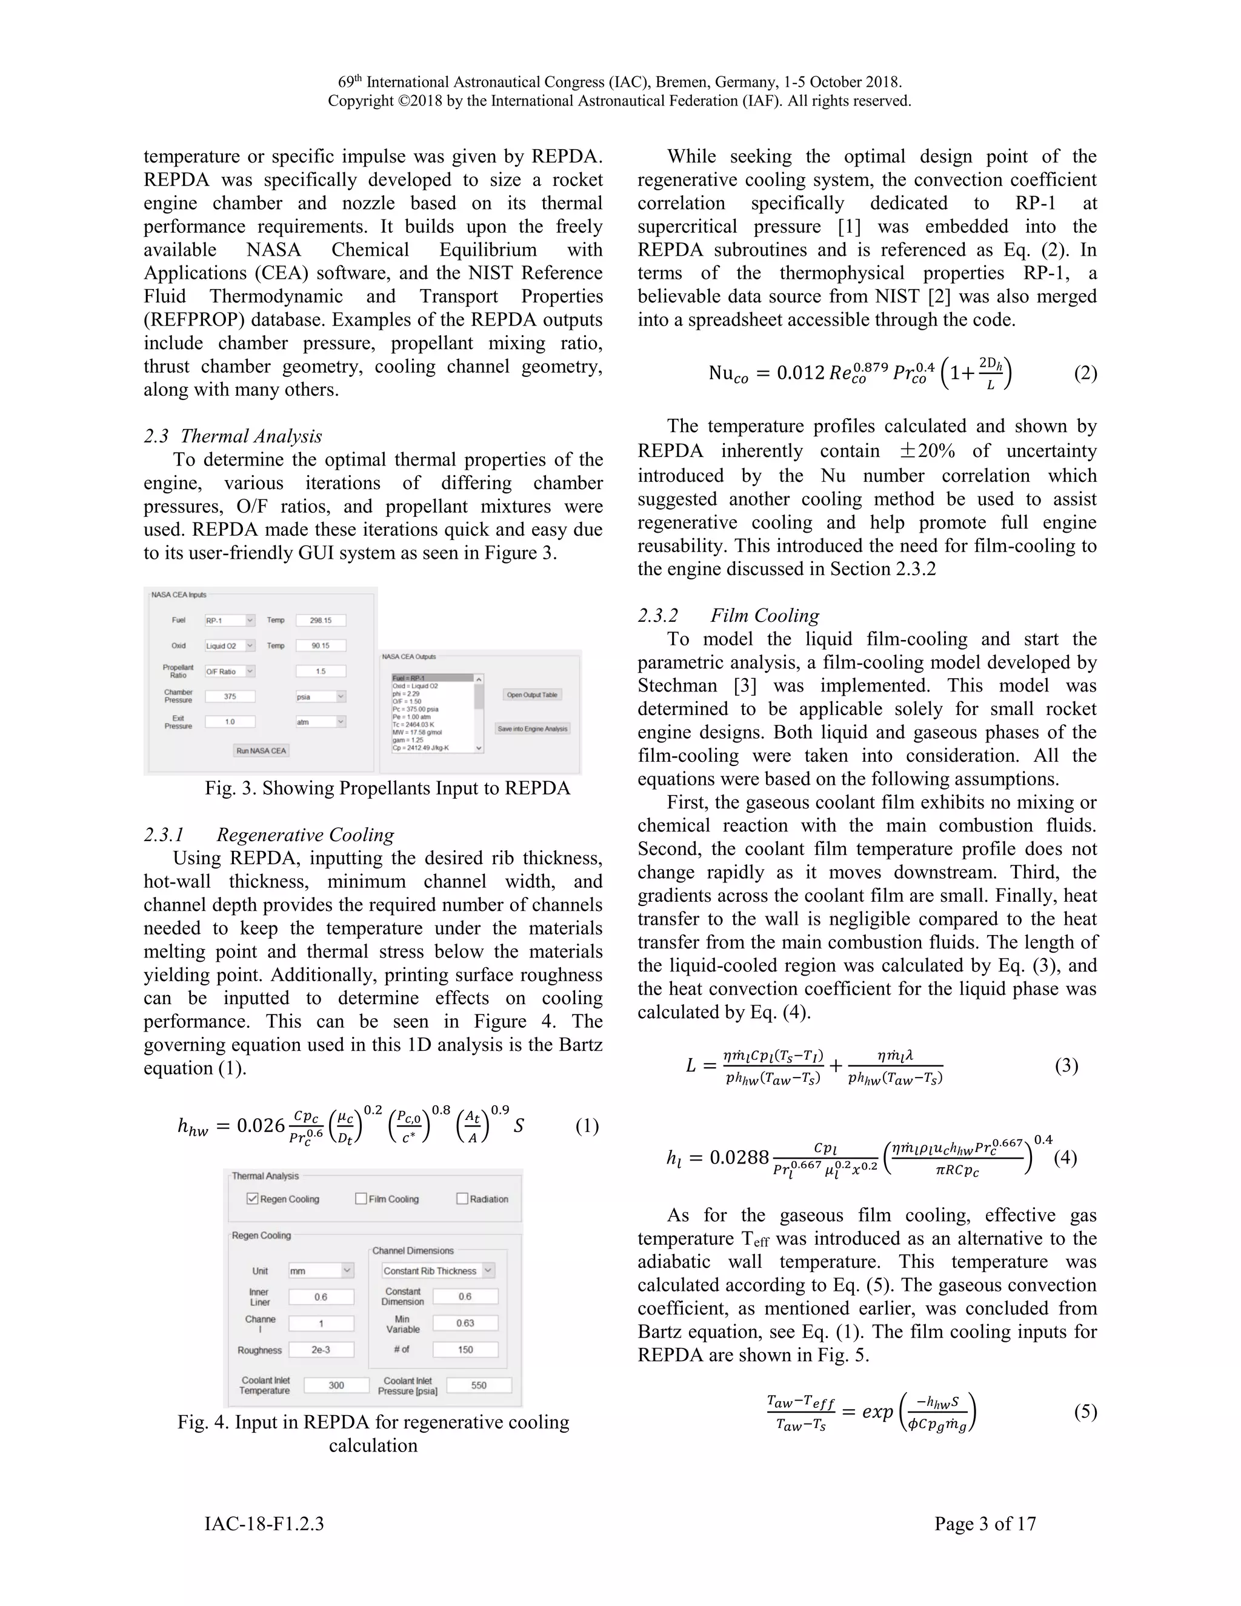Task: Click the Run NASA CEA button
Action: coord(261,750)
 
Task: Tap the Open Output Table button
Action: coord(532,694)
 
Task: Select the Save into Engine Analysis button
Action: coord(532,728)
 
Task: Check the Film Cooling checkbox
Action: coord(361,1199)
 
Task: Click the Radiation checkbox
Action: coord(462,1199)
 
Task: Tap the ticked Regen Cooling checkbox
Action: coord(252,1199)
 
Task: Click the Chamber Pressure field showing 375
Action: coord(230,696)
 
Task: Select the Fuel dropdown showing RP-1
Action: coord(230,620)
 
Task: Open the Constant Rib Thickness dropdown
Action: coord(438,1270)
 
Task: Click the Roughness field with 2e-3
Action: coord(321,1350)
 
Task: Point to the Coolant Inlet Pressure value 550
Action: coord(479,1385)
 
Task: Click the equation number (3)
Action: coord(1066,1065)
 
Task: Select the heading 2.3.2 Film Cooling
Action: coord(728,616)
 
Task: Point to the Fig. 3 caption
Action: coord(387,788)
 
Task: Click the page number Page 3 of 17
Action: coord(985,1524)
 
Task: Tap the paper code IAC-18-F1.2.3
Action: coord(264,1524)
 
